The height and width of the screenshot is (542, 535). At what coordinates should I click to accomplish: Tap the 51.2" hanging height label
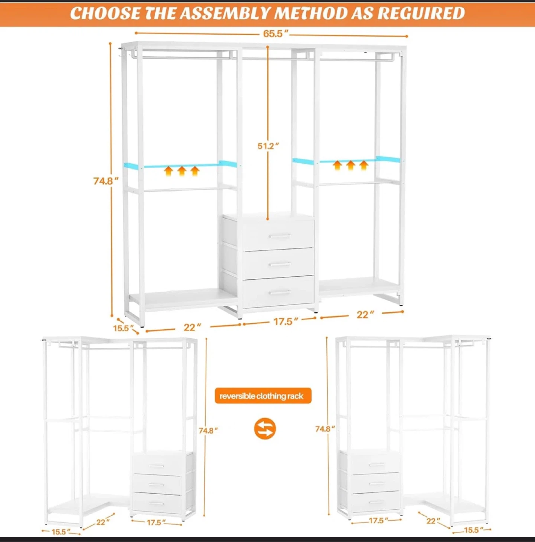click(x=268, y=146)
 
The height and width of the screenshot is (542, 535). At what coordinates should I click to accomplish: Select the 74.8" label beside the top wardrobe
click(x=106, y=181)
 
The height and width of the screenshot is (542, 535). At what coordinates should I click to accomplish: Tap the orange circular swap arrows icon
click(x=265, y=429)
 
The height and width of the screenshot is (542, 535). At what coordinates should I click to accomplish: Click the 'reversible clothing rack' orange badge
click(x=263, y=396)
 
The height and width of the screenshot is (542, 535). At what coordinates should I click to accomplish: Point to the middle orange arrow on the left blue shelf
click(x=182, y=171)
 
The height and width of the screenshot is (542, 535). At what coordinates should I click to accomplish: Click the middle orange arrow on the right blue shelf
click(x=350, y=165)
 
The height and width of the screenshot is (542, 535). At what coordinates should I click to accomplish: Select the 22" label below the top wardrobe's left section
click(x=193, y=327)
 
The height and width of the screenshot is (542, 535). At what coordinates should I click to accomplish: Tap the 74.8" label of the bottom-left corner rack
click(x=208, y=431)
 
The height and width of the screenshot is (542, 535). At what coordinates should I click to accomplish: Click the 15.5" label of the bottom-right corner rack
click(x=474, y=530)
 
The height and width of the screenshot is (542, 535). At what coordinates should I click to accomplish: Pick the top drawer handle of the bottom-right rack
click(x=377, y=465)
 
